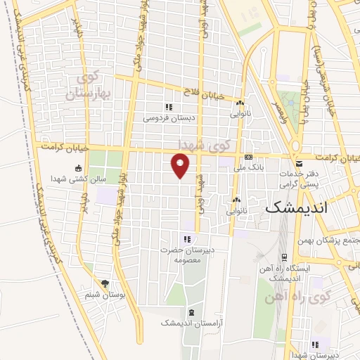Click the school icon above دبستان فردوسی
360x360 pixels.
(x=168, y=107)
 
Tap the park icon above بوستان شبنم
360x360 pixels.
(x=105, y=284)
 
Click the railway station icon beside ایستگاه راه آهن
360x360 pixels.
(x=285, y=257)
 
